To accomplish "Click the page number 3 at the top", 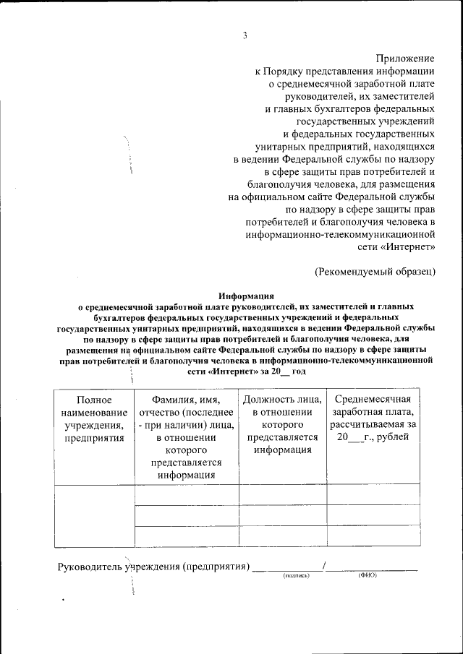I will pos(245,36).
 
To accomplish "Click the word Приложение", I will pos(405,58).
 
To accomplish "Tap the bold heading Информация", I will pos(245,295).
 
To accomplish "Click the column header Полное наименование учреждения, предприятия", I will pos(93,418).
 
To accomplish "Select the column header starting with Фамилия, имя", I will pos(187,437).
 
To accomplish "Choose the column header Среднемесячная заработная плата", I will pos(373,418).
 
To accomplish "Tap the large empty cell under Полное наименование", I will pos(93,515).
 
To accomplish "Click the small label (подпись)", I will pos(296,576).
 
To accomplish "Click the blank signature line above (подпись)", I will pos(287,570).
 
